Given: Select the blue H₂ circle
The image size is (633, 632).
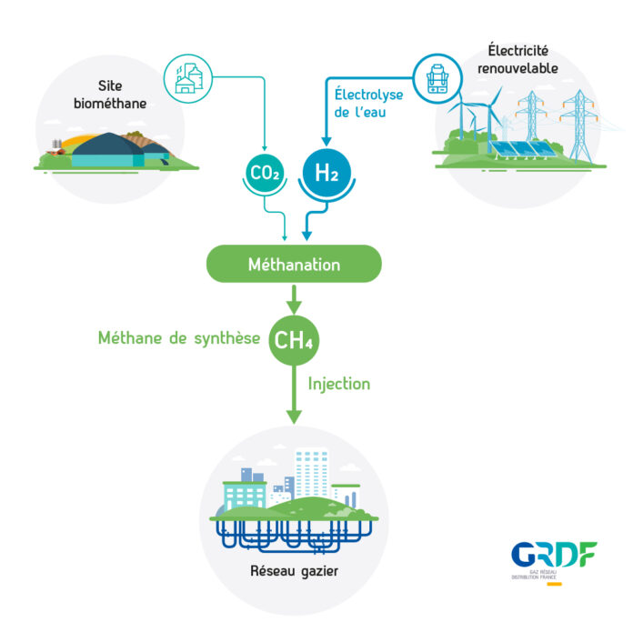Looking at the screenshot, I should tap(326, 171).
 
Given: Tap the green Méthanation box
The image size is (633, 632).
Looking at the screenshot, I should tap(294, 265).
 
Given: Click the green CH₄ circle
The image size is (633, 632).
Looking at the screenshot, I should tap(294, 339).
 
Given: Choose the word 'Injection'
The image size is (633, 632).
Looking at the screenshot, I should tap(339, 384).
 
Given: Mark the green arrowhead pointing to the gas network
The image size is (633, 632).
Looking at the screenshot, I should tap(294, 414).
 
